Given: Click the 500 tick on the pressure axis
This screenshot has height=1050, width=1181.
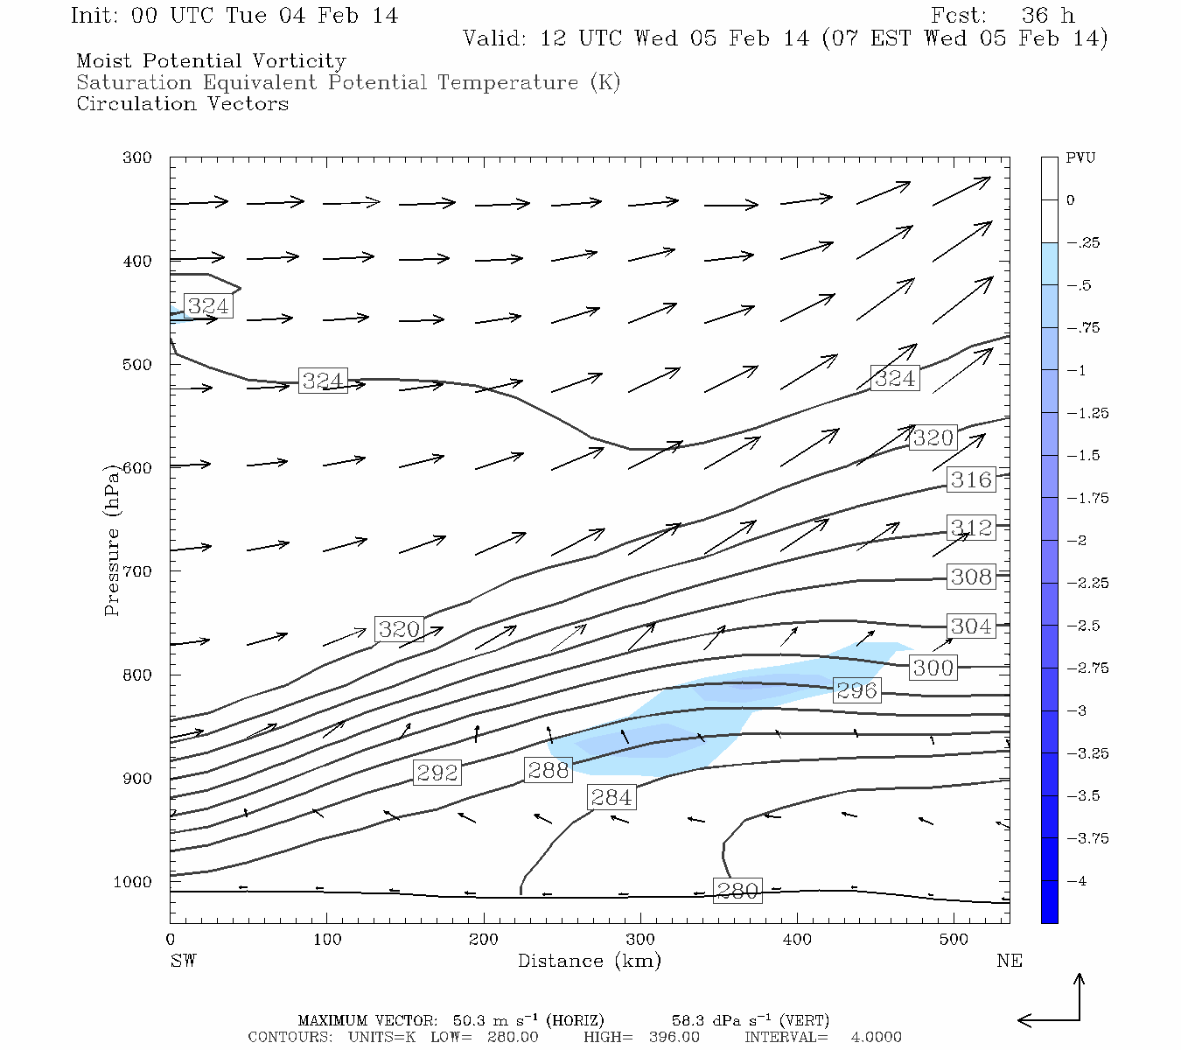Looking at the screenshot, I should point(136,365).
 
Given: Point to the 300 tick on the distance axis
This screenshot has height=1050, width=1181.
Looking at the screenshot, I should point(640,940).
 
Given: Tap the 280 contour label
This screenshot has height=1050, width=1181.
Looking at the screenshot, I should point(737,891).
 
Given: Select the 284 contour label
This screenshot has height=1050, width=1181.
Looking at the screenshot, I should point(611,797).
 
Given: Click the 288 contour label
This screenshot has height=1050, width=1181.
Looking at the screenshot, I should point(549,770).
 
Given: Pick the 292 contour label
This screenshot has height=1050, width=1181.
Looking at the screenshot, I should point(437,773).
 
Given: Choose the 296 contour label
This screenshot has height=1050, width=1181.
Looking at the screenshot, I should point(856,690).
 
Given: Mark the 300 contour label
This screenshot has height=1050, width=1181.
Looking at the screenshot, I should point(933,668).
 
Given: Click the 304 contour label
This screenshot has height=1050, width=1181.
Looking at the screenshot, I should point(971,626).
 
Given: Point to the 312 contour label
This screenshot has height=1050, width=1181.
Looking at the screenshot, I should point(971,528).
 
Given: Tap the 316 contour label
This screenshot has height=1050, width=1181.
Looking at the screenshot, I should point(971,479).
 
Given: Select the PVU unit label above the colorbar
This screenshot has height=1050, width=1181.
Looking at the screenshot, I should point(1080,158).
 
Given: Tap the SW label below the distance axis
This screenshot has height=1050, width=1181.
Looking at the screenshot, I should point(183,961).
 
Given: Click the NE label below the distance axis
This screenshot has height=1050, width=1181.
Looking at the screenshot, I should point(1009,961).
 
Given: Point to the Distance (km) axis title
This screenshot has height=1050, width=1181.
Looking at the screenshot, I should point(589,961).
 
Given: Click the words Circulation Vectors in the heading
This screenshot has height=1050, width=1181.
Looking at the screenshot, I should point(182,104).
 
